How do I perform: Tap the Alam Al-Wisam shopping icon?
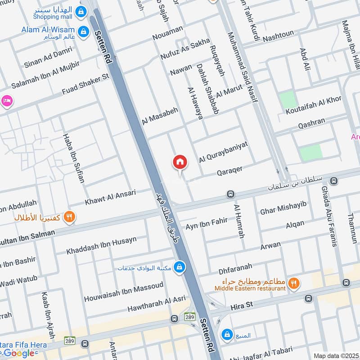click(83, 31)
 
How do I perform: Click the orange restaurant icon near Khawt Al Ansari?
click(69, 217)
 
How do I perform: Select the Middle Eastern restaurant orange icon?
click(293, 283)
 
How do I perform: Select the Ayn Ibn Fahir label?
click(207, 224)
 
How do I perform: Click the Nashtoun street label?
click(277, 34)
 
